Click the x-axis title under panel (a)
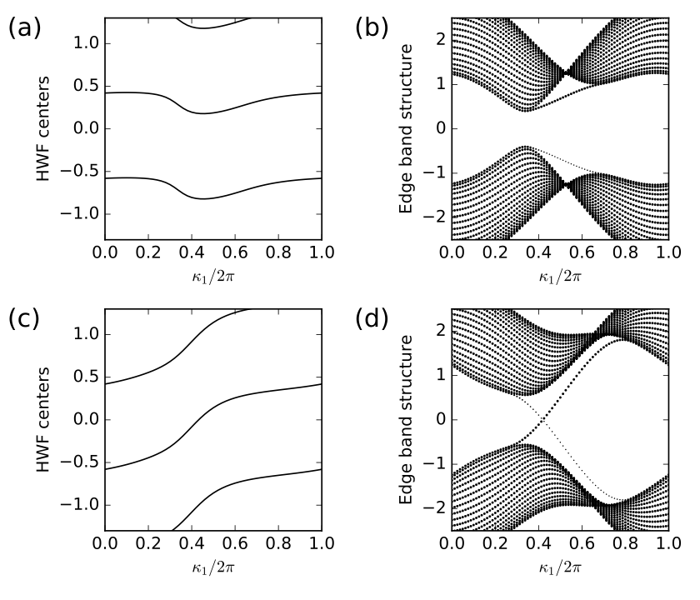tap(213, 273)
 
